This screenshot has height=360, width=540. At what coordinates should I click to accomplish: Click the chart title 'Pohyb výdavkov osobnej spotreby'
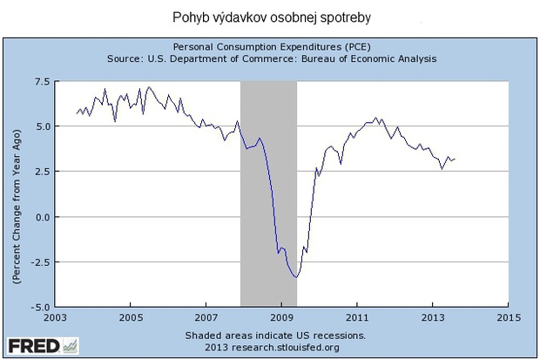pos(269,17)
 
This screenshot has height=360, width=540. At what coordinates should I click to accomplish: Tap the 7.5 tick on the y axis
pos(40,81)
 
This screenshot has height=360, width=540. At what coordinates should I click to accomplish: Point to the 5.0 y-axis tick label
pos(40,126)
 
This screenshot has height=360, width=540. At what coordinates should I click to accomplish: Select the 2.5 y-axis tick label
pos(40,172)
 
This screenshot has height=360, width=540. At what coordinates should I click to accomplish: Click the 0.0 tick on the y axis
pos(40,217)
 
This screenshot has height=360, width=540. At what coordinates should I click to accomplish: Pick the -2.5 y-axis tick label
pos(37,262)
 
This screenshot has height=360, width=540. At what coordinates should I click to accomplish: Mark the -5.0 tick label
pos(37,307)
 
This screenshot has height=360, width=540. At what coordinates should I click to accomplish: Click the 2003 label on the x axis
pos(55,317)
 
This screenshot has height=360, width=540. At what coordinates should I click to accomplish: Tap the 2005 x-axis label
pos(131,317)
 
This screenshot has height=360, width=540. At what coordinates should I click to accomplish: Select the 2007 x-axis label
pos(206,317)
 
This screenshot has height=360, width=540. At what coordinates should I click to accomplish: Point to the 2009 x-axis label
pos(282,317)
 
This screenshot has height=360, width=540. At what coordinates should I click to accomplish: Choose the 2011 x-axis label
pos(358,317)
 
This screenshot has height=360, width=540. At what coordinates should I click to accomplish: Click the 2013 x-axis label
pos(434,317)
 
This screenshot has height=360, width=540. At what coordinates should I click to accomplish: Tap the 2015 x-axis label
pos(510,317)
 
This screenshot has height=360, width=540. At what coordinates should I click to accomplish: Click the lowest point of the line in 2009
pos(297,277)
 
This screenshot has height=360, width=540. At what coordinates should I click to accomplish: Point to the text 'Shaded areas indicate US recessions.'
pos(275,335)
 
